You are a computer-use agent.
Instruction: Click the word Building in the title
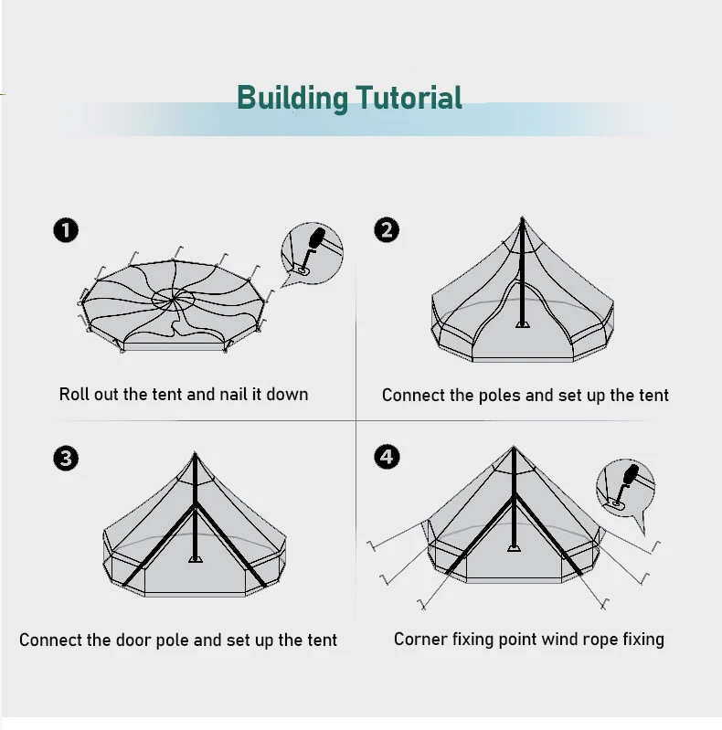[x=292, y=97]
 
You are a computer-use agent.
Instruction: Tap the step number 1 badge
[x=66, y=230]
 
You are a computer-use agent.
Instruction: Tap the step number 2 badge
[x=387, y=229]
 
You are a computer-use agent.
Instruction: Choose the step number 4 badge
[x=387, y=457]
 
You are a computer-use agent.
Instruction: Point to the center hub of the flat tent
[x=174, y=299]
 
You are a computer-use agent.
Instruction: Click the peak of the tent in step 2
[x=523, y=219]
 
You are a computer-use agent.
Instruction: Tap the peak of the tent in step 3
[x=195, y=454]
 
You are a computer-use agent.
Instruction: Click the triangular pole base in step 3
[x=195, y=557]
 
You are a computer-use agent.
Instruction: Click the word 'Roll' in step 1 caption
[x=74, y=395]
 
